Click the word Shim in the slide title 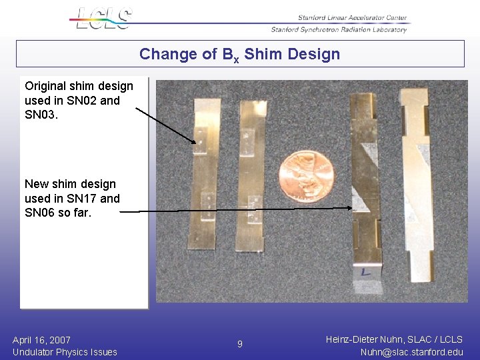[260, 55]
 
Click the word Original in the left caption [45, 86]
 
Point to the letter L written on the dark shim [365, 272]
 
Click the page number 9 [240, 345]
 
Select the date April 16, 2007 [41, 340]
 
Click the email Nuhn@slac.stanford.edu [411, 352]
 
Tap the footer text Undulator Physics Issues [65, 352]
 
